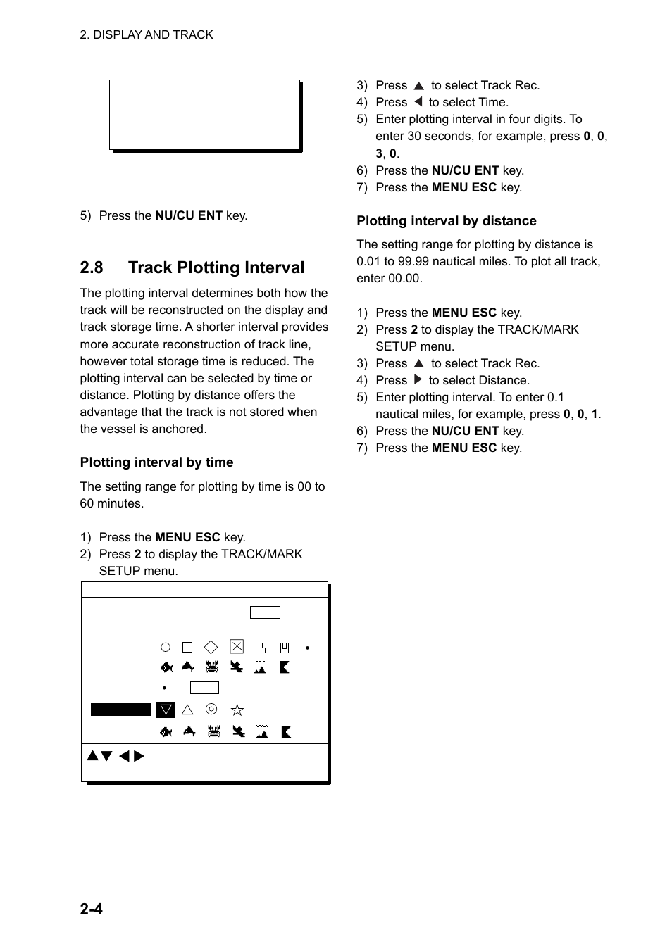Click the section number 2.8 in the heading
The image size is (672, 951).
(x=92, y=267)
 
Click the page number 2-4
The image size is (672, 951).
(x=91, y=909)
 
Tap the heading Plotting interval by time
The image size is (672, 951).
(x=156, y=462)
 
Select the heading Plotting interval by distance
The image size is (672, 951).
(x=446, y=221)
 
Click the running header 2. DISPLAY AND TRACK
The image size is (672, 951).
(x=147, y=34)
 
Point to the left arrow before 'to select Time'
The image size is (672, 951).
(x=418, y=102)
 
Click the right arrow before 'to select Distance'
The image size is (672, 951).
(x=418, y=380)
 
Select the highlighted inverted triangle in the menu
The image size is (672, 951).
(x=166, y=710)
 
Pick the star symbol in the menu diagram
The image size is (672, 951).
(x=237, y=710)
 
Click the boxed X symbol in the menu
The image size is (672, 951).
(x=237, y=647)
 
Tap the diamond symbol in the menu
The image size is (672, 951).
(x=211, y=647)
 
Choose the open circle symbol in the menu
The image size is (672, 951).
(x=166, y=647)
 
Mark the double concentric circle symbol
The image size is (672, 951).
(x=211, y=710)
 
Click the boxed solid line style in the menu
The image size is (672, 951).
(x=204, y=688)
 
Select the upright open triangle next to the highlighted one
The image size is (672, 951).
(x=187, y=710)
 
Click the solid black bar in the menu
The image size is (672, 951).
(x=120, y=710)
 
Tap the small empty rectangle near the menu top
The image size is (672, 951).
(x=265, y=612)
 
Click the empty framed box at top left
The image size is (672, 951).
(x=205, y=115)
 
